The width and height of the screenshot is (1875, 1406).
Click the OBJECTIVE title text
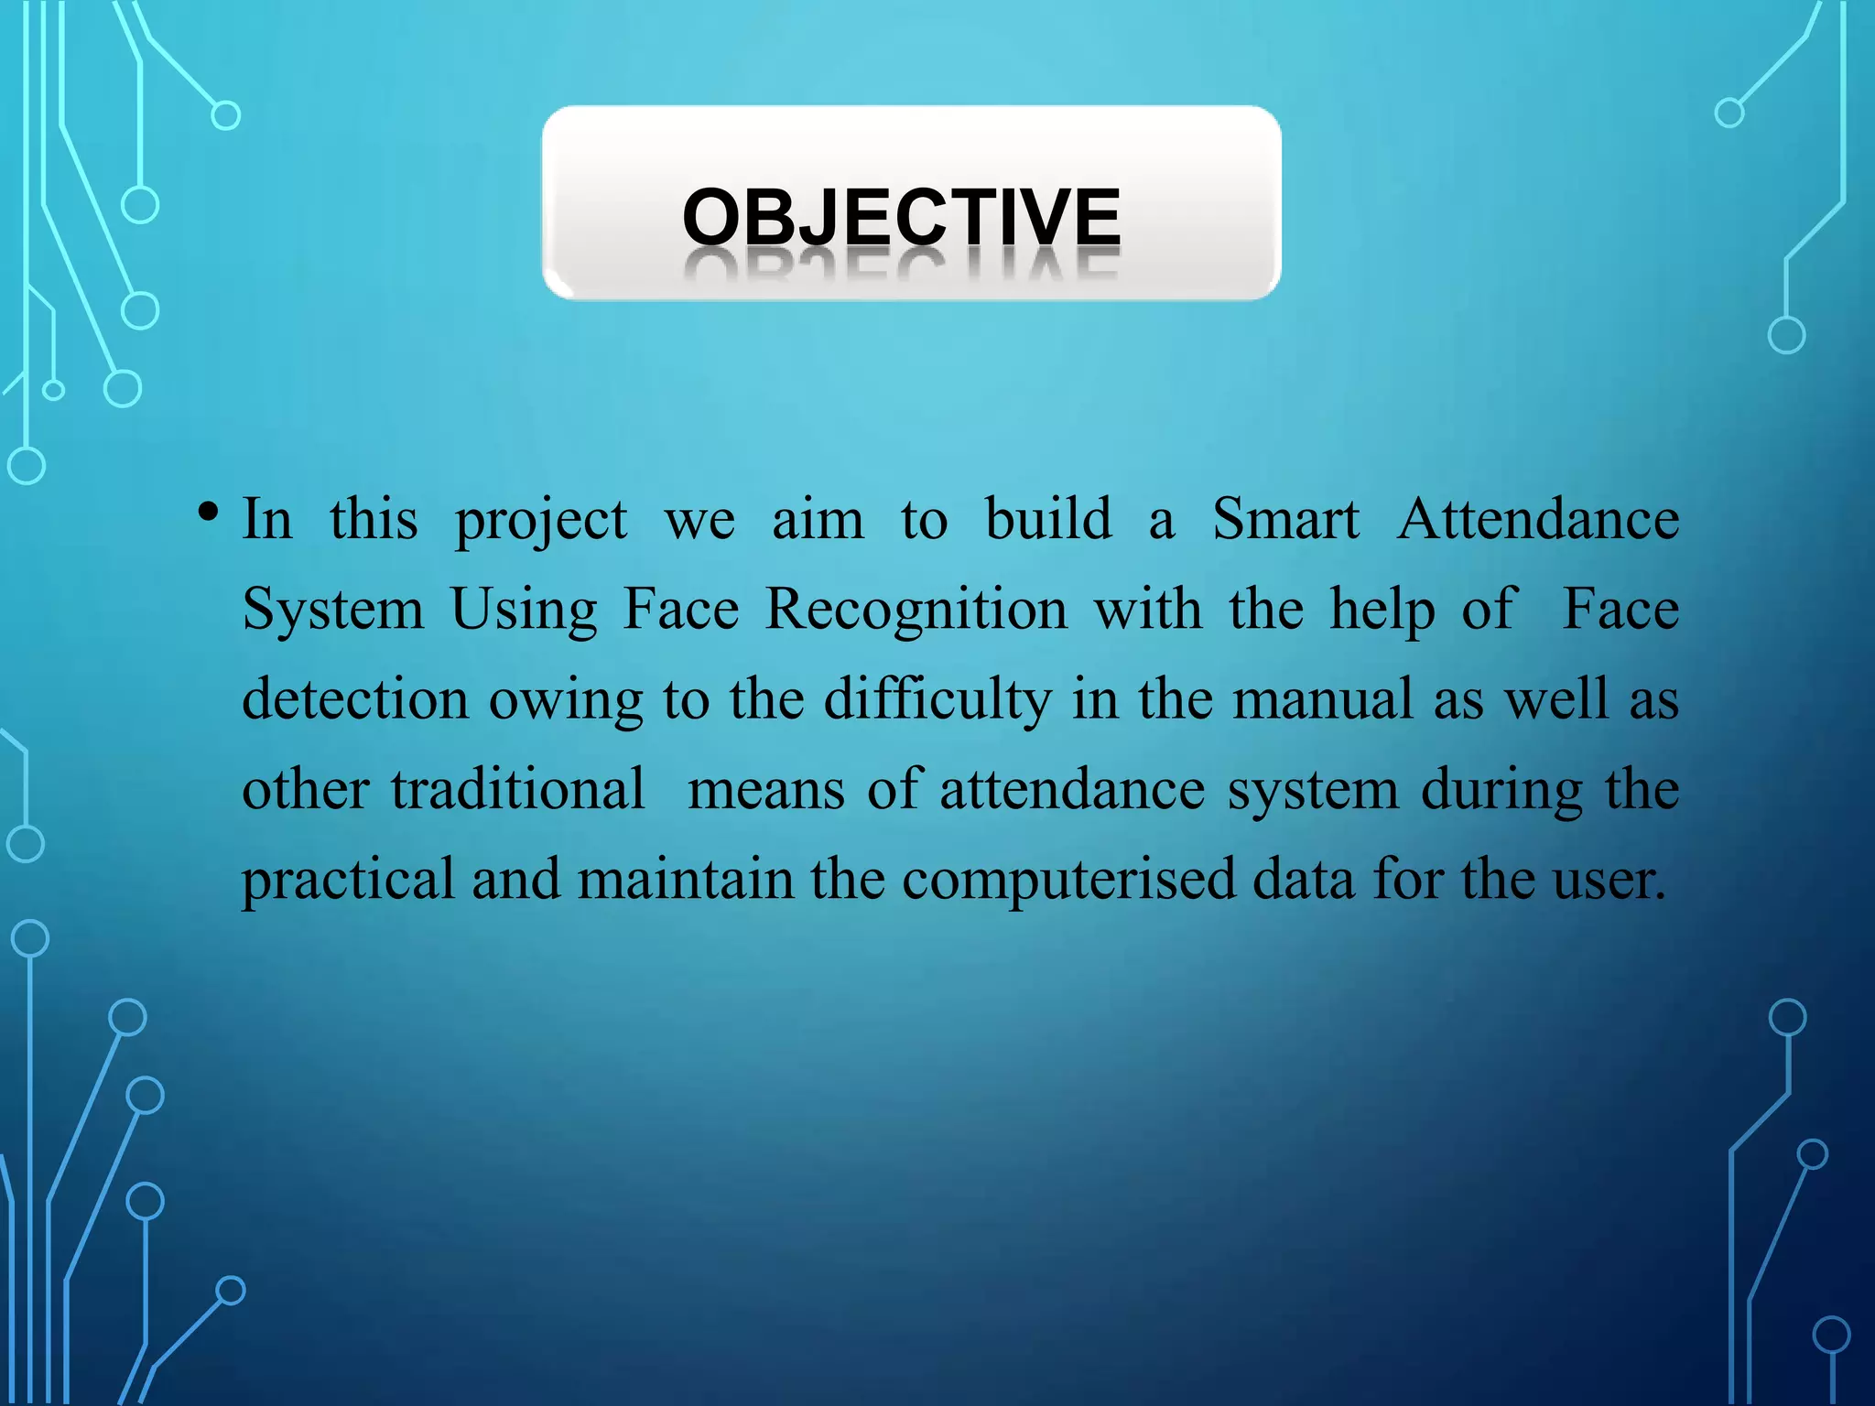(901, 217)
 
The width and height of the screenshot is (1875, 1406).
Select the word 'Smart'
(1285, 520)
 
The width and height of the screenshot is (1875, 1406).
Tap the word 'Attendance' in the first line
(1538, 520)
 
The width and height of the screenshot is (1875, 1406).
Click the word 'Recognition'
(916, 611)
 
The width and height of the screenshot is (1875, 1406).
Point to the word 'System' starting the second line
(333, 611)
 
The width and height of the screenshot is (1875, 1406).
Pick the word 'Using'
(524, 611)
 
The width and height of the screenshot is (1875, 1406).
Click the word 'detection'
(354, 699)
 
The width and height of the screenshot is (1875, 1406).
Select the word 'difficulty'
(937, 699)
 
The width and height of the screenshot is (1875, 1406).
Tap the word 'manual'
(1322, 699)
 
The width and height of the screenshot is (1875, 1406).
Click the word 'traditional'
(518, 789)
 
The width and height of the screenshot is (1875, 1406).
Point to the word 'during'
(1501, 789)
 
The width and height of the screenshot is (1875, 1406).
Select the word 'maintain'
(686, 879)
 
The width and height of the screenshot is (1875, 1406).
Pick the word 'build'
(1048, 520)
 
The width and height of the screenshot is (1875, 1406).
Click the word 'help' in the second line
(1382, 611)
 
